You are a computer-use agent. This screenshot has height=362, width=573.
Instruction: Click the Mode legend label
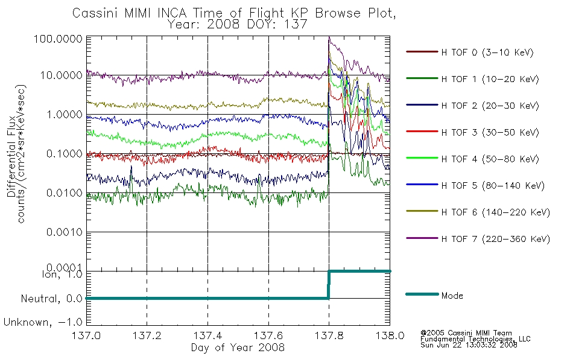[452, 296]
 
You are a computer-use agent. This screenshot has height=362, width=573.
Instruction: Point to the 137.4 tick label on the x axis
[208, 335]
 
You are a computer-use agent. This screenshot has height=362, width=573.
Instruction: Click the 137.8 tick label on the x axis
[329, 335]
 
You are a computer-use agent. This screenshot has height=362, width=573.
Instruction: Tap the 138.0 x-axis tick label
[390, 335]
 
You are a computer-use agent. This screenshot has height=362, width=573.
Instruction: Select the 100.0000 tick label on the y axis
[58, 39]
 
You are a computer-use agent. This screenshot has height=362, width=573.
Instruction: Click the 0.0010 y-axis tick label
[65, 232]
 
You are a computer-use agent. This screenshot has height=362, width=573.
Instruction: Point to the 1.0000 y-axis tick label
[65, 115]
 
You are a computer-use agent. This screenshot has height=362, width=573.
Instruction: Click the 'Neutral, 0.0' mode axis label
[51, 299]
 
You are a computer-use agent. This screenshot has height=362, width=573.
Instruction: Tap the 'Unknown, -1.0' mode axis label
[43, 323]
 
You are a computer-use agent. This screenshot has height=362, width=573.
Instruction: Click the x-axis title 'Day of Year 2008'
[238, 348]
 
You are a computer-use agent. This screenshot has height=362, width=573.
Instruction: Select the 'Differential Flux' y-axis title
[11, 156]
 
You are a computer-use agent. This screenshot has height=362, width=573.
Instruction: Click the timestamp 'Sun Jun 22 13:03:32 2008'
[469, 345]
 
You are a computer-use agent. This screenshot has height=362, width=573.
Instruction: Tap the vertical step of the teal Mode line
[329, 285]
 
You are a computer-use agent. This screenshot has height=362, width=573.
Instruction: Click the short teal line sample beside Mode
[422, 294]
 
